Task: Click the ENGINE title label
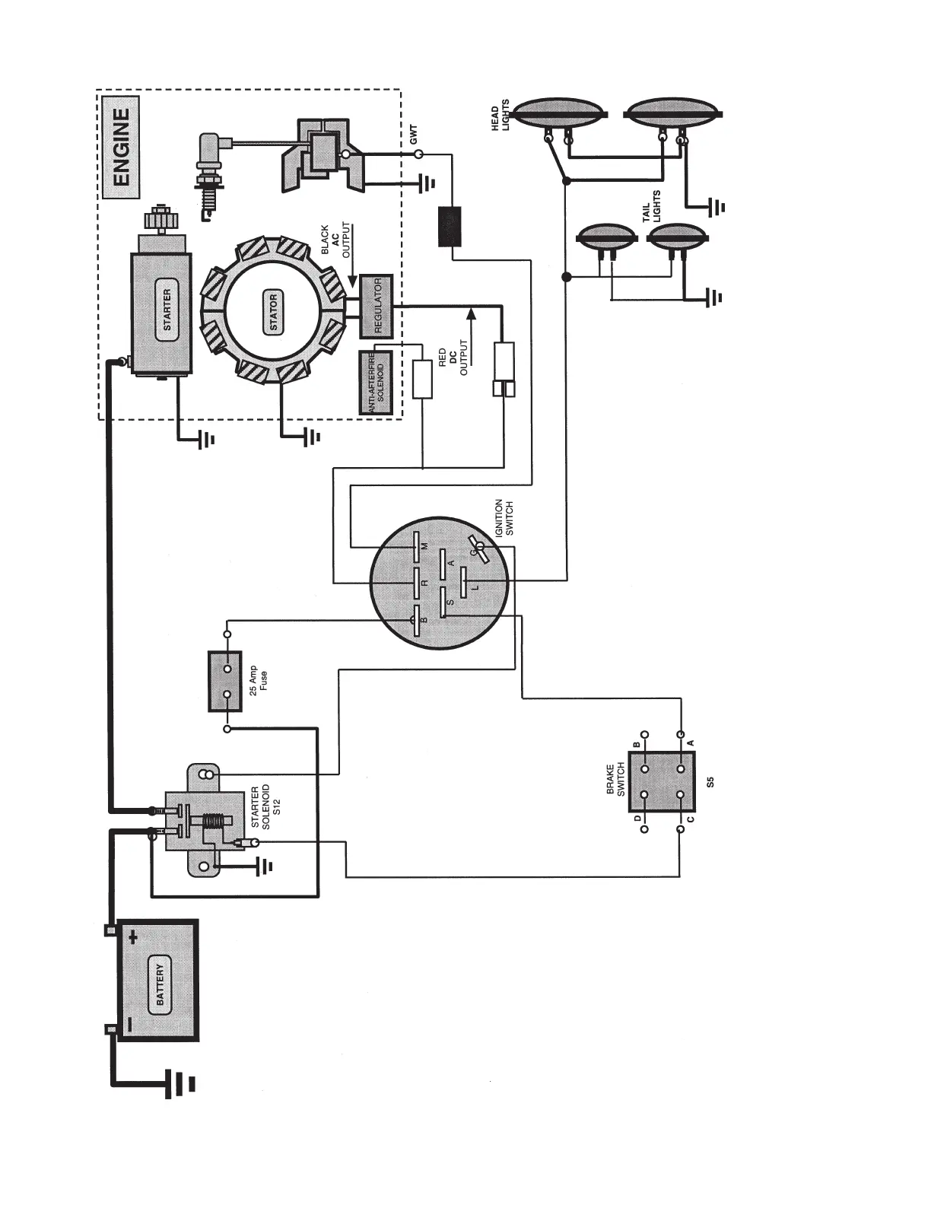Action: [121, 148]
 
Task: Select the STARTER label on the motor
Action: [167, 309]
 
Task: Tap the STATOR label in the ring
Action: [274, 312]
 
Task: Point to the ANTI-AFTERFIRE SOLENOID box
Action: [376, 382]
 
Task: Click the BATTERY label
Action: [160, 981]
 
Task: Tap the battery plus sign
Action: [134, 937]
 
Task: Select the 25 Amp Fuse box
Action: [226, 681]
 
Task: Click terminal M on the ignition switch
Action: [417, 546]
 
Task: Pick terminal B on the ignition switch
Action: [416, 619]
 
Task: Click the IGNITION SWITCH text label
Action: [504, 517]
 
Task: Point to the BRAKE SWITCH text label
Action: [615, 781]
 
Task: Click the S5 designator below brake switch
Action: [710, 781]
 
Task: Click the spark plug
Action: [209, 179]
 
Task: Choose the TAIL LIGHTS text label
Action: [651, 205]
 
